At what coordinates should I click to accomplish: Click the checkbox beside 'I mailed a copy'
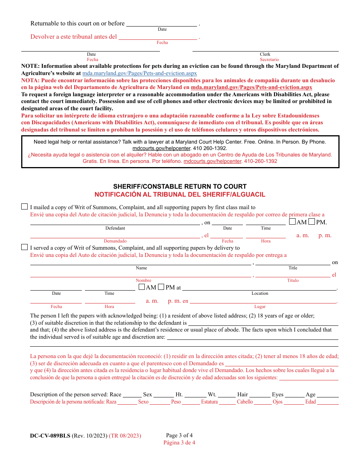tap(24, 206)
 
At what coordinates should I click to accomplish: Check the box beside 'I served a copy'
tap(24, 247)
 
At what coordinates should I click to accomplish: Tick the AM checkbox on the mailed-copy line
tap(292, 222)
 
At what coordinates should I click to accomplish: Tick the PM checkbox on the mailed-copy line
tap(311, 222)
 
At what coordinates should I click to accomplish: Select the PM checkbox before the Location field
tap(161, 287)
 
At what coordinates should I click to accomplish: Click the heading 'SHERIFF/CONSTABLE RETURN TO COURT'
tap(180, 186)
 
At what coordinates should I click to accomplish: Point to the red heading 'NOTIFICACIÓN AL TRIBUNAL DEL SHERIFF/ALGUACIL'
tap(180, 194)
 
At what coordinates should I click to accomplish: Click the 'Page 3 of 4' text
tap(179, 435)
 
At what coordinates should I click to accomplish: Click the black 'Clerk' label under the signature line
tap(265, 54)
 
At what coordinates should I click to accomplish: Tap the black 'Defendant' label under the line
tap(115, 228)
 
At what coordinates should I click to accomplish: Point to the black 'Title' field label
tap(293, 268)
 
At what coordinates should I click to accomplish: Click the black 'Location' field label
tap(260, 293)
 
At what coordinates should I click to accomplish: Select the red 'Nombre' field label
tap(143, 280)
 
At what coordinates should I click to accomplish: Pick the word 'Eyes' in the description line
tap(277, 394)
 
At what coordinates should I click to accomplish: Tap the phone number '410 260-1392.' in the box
tap(210, 149)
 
